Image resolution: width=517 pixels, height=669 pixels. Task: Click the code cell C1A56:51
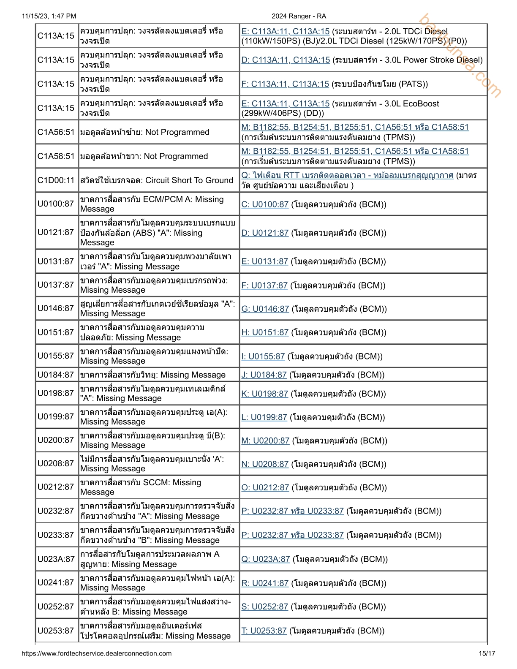tap(56, 132)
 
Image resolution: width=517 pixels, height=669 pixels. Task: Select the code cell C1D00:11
tap(56, 180)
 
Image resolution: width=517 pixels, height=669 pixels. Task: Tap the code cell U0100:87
tap(56, 204)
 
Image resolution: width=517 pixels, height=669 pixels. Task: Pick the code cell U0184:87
tap(56, 375)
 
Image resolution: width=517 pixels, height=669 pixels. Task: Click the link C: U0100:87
tap(265, 204)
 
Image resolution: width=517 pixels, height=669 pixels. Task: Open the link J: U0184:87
tap(264, 375)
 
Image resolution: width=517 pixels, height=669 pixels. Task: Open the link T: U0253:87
tap(264, 631)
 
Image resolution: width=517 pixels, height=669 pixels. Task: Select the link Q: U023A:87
tap(266, 559)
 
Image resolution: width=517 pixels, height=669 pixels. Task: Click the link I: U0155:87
tap(263, 356)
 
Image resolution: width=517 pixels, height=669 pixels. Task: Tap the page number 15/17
tap(487, 653)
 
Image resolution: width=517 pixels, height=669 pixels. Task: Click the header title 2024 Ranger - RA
tap(299, 16)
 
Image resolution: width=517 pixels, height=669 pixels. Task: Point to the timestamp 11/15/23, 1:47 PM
tap(49, 16)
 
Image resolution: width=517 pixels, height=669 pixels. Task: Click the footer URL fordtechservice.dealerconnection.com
tap(96, 653)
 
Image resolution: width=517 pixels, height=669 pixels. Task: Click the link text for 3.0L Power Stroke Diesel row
tap(286, 60)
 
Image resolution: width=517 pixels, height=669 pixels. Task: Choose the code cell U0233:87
tap(56, 535)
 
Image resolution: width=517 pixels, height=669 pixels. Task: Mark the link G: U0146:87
tap(265, 309)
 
